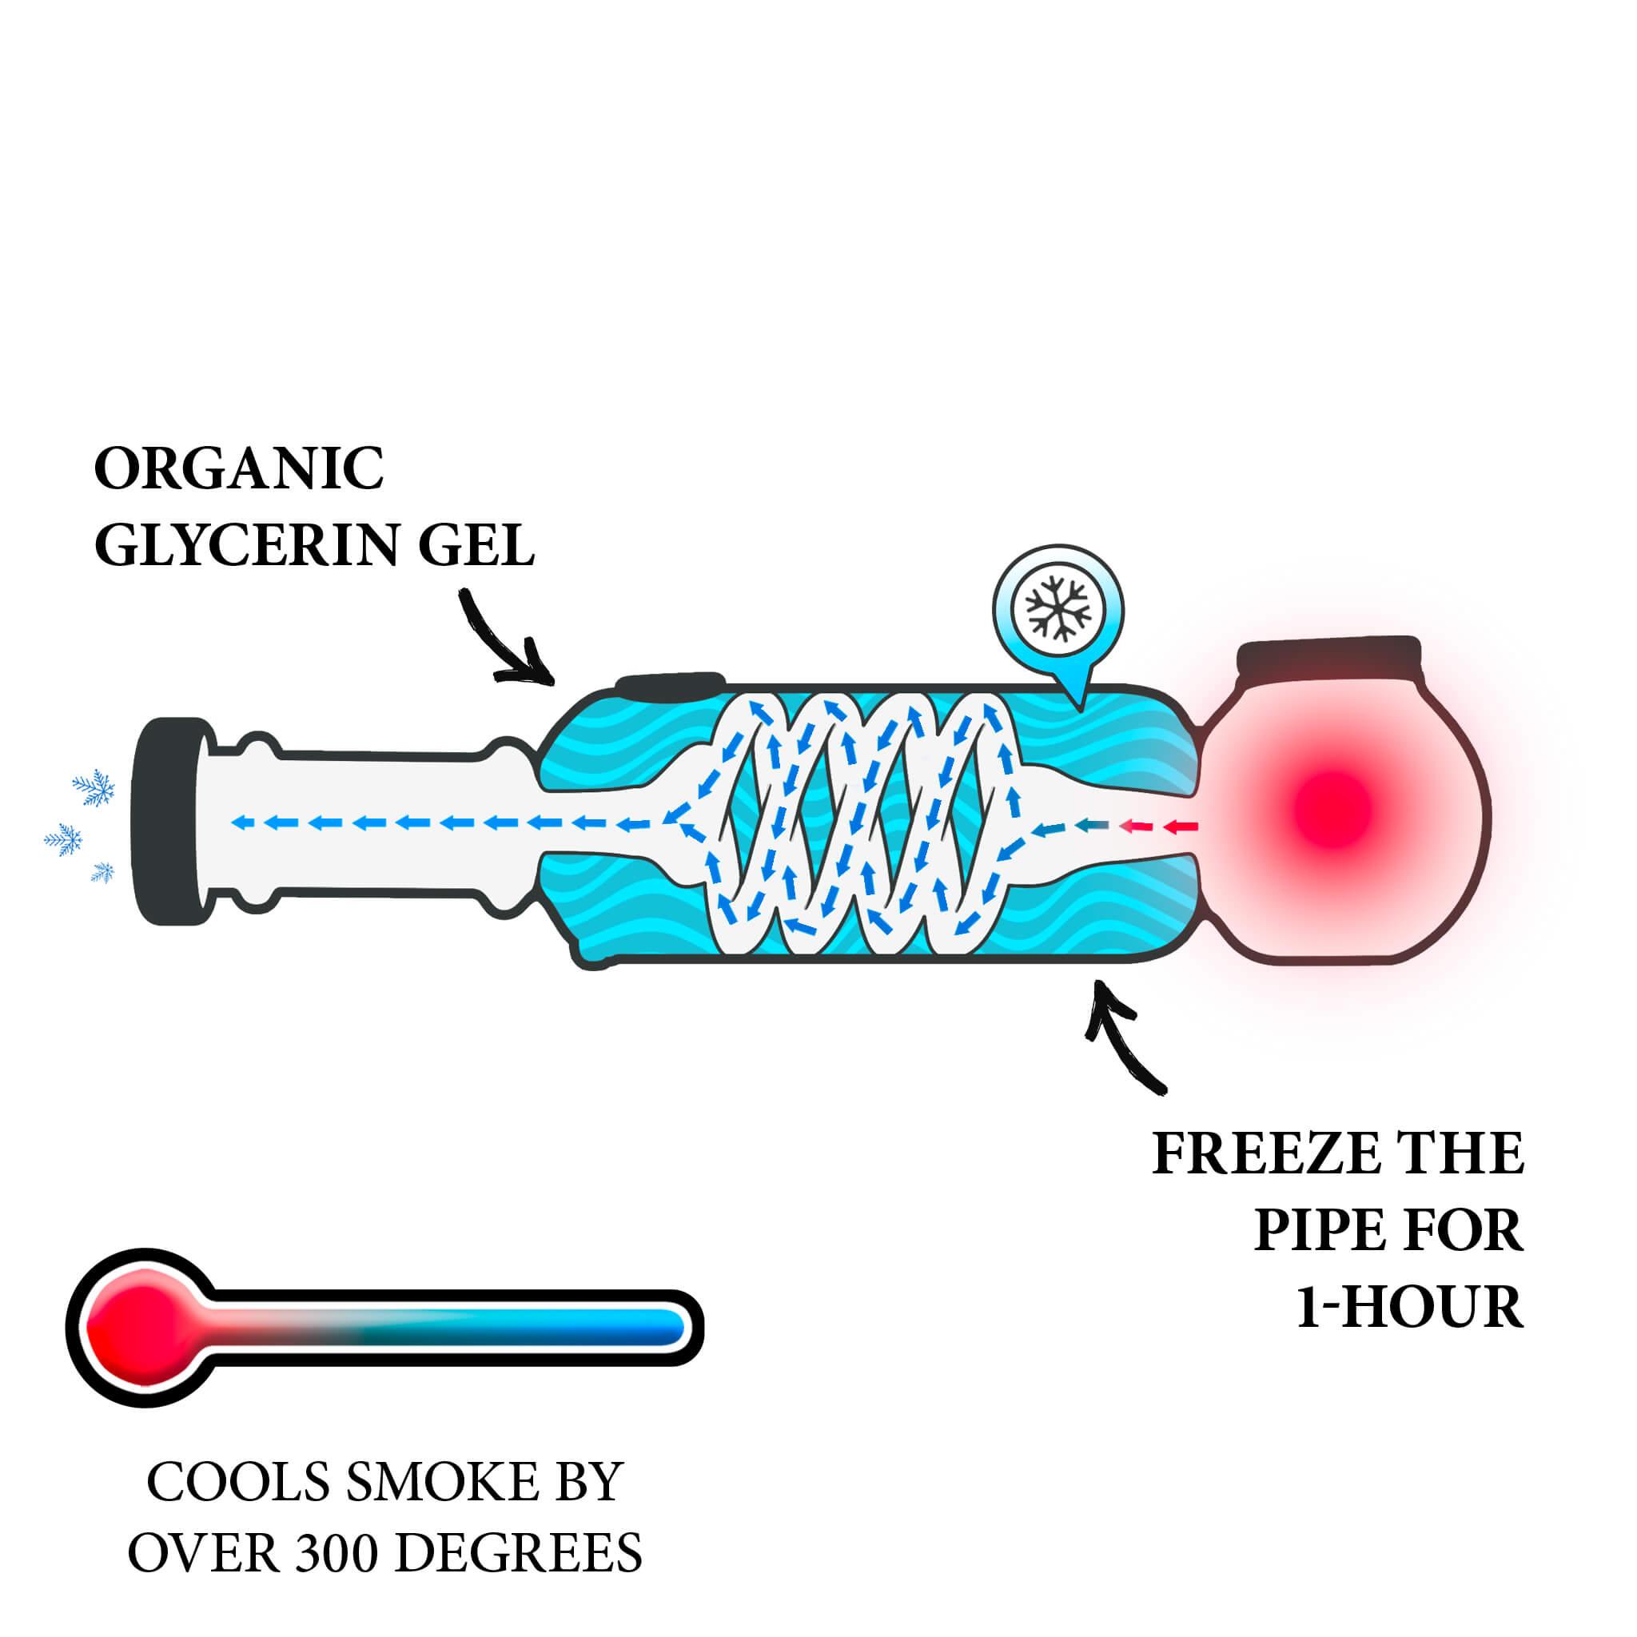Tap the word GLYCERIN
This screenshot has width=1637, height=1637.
(257, 546)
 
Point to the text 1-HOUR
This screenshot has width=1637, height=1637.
(1410, 1308)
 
